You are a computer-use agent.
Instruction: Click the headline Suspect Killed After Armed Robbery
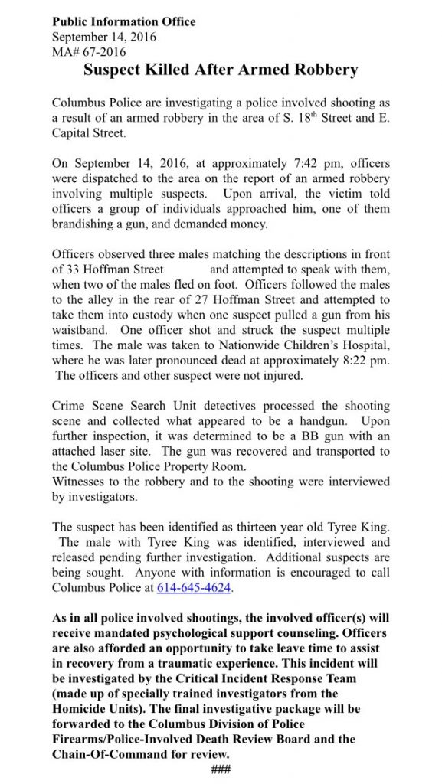[220, 70]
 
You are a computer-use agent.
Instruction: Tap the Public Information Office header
[123, 21]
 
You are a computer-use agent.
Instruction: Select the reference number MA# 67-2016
[89, 51]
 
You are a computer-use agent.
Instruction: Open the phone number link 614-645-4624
[193, 588]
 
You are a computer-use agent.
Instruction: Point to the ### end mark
[221, 769]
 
